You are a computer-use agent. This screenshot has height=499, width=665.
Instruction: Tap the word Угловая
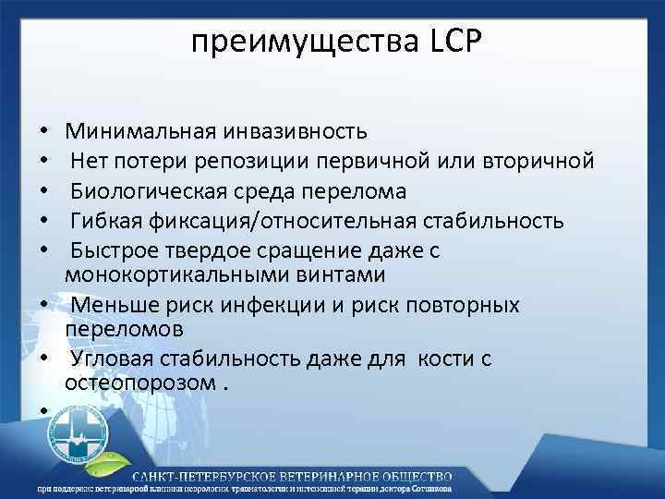pyautogui.click(x=116, y=359)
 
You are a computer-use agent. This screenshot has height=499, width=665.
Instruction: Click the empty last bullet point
pyautogui.click(x=44, y=409)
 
